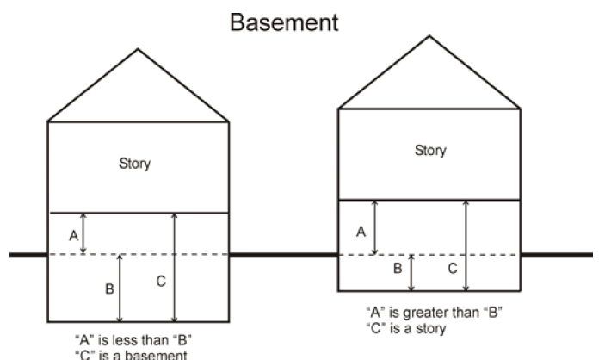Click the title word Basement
284,22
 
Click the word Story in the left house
134,164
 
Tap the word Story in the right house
430,151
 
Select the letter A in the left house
73,235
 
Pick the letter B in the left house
109,289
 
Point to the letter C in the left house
161,281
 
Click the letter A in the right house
361,232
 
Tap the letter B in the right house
398,268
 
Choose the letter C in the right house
453,268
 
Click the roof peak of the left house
138,49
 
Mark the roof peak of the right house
429,36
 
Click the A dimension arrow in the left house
83,233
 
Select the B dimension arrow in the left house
120,289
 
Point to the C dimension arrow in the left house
175,267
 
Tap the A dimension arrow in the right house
374,227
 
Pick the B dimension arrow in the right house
411,273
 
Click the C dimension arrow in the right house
466,245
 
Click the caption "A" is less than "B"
133,340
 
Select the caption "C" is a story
406,328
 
